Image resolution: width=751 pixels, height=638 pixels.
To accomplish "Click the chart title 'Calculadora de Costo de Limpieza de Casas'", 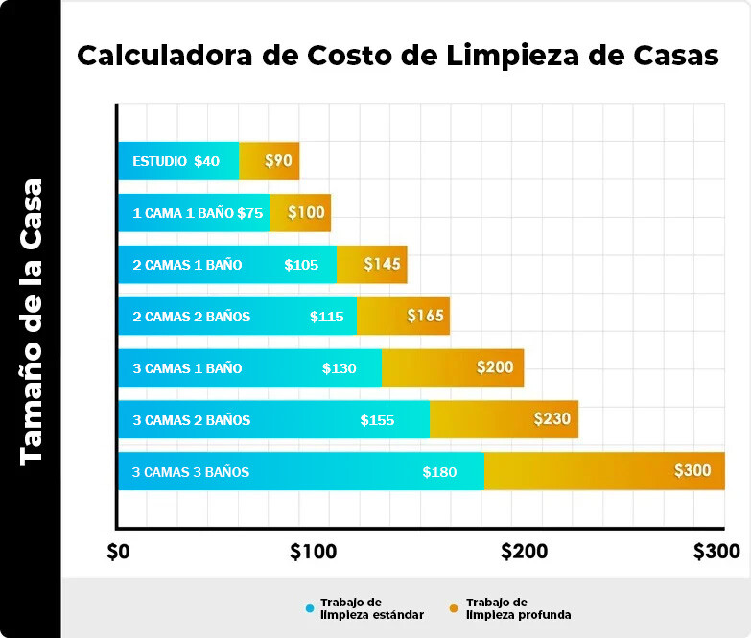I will [397, 56].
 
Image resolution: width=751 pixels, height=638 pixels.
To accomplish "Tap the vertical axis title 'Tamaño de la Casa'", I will [32, 321].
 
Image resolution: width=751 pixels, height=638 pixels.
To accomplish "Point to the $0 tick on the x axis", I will [118, 552].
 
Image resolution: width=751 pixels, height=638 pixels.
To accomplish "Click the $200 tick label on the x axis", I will [524, 552].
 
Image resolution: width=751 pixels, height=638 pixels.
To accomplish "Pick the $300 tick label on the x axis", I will [716, 552].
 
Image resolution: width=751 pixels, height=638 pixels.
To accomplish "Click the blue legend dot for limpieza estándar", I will [309, 608].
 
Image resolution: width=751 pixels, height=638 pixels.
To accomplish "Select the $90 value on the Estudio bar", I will [278, 161].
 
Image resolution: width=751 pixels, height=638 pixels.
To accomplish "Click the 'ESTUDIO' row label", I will [159, 161].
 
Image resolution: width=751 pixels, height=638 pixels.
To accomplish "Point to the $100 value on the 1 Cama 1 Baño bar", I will [306, 213].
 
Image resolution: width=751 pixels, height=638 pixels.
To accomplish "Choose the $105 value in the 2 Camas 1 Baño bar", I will [301, 265].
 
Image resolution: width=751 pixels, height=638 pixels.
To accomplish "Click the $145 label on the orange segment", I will [382, 265].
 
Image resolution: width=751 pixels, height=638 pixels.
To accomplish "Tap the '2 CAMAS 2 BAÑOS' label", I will [191, 317].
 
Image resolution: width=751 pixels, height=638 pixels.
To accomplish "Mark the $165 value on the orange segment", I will [425, 316].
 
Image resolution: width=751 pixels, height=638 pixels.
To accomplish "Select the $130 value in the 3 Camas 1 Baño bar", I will [340, 368].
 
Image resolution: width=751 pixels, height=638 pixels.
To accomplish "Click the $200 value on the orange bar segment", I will [495, 367].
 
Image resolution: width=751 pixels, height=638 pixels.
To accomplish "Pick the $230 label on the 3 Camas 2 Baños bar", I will [552, 419].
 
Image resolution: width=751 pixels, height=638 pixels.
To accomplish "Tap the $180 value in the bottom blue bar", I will [439, 472].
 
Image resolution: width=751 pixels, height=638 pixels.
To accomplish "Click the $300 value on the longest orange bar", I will [692, 471].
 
